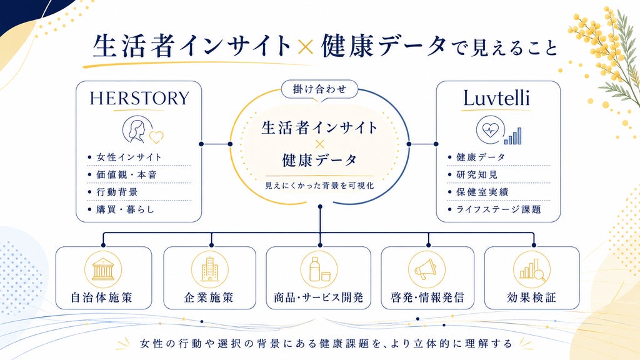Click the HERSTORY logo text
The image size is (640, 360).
coord(139,98)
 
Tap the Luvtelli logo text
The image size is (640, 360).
coord(496,98)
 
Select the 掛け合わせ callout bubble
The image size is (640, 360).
coord(319,89)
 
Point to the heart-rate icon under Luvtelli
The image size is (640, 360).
coord(490,130)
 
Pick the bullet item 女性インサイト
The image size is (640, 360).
coord(125,157)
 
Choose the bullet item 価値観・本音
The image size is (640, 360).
coord(122,175)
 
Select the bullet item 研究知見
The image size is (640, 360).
coord(473,175)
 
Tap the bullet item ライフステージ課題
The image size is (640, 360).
coord(494,209)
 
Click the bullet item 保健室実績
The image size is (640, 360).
coord(478,192)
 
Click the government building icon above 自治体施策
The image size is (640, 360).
coord(103,269)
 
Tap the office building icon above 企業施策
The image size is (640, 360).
coord(210,269)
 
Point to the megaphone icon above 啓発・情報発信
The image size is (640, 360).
coord(427,269)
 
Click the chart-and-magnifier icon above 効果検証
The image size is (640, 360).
coord(532,269)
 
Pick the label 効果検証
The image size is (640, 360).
coord(531,297)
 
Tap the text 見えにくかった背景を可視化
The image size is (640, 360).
coord(319,186)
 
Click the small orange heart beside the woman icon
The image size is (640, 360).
coord(156,137)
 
